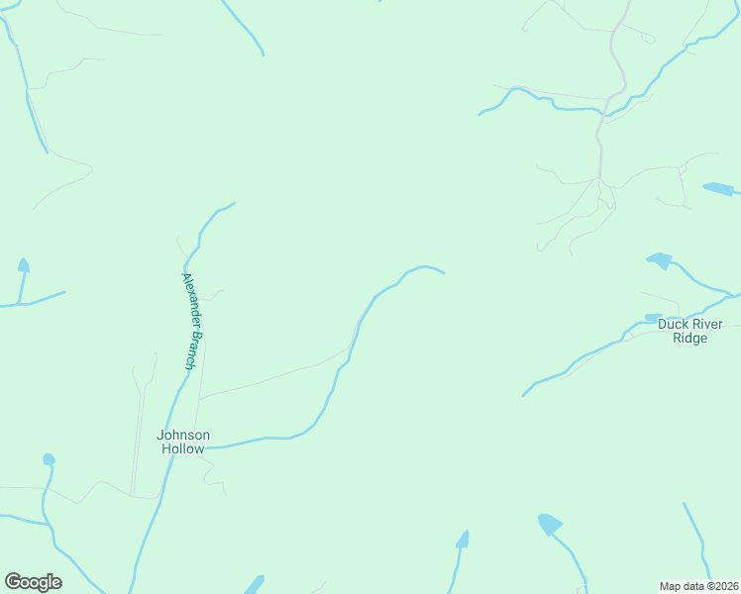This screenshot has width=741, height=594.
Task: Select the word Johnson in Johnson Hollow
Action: (183, 435)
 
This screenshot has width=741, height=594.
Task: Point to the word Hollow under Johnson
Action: (183, 448)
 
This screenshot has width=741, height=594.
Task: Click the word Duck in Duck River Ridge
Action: (674, 324)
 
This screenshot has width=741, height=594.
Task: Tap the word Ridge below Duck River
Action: (690, 338)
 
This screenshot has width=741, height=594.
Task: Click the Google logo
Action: (33, 582)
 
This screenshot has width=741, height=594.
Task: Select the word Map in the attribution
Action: (672, 585)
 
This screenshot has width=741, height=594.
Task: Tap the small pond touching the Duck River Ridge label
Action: (652, 318)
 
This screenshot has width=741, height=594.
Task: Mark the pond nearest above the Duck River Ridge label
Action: (659, 260)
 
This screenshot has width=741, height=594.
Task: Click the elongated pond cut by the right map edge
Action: (719, 188)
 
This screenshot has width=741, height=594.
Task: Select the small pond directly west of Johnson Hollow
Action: (49, 459)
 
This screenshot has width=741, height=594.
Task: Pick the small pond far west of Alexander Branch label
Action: (23, 265)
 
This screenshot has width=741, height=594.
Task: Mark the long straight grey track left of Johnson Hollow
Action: (137, 436)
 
